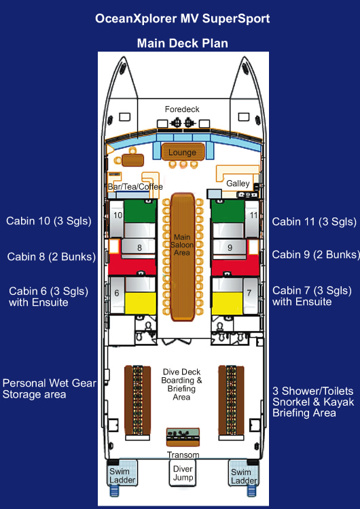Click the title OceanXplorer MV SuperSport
tap(182, 18)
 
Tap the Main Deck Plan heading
tap(182, 43)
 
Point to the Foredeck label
tap(182, 109)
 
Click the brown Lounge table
tap(183, 152)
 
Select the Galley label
tap(238, 183)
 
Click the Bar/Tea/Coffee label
tap(135, 187)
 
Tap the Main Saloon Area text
tap(181, 245)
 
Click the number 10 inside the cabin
tap(118, 215)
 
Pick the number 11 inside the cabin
tap(253, 215)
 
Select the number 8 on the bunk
tap(139, 247)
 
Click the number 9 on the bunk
tap(230, 247)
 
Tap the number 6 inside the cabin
tap(117, 293)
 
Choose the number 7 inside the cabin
tap(249, 293)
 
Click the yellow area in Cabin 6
tap(141, 304)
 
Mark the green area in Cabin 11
tap(228, 211)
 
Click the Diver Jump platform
tap(183, 473)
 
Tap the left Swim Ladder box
tap(122, 476)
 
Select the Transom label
tap(183, 455)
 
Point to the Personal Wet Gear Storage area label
tap(50, 389)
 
